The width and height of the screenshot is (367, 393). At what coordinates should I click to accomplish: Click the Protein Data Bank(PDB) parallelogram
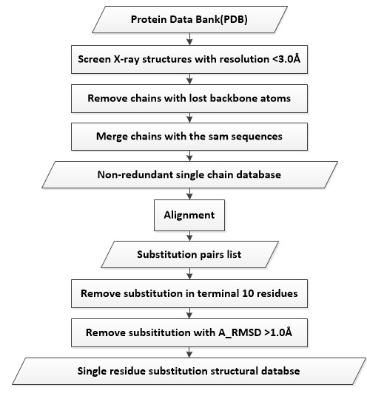(x=189, y=19)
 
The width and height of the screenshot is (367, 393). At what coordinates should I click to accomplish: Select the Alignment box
(x=189, y=215)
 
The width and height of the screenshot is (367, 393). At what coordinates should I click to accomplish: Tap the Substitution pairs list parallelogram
(x=189, y=254)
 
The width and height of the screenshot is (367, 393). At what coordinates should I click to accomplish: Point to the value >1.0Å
(x=278, y=332)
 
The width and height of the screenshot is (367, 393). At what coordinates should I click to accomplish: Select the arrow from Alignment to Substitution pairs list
(x=189, y=236)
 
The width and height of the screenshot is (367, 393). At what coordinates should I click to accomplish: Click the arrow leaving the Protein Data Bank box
(x=189, y=39)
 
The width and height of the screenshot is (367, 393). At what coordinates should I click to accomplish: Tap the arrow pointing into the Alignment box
(x=189, y=194)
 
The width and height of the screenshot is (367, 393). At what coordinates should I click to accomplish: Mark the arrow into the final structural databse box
(x=189, y=352)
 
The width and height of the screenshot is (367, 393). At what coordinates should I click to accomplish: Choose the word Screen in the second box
(x=95, y=59)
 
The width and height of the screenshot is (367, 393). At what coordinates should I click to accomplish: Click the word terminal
(x=218, y=293)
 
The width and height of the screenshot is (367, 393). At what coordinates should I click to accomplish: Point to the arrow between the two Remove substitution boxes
(x=189, y=313)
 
